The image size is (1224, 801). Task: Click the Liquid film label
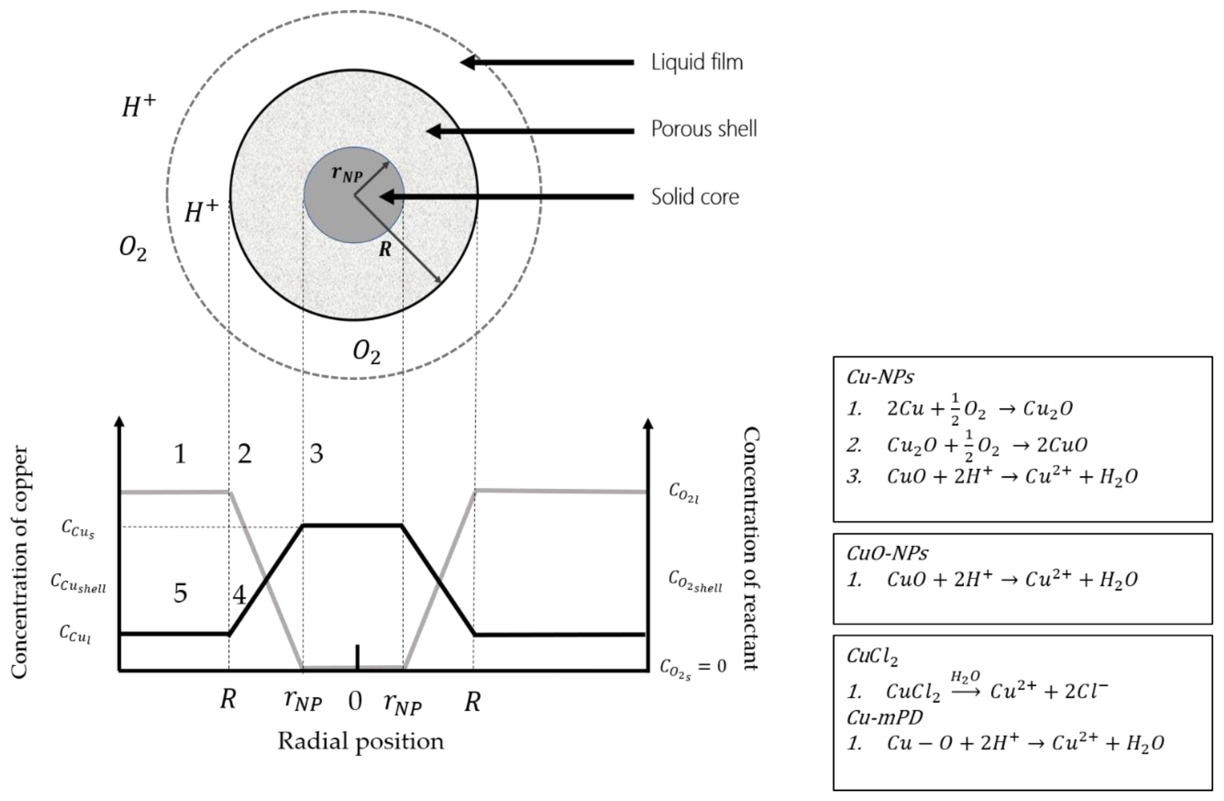tap(697, 63)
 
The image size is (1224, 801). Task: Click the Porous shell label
tap(704, 129)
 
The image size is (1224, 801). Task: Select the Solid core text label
tap(695, 197)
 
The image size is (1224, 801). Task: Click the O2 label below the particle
tap(366, 353)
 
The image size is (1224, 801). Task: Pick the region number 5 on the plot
tap(180, 593)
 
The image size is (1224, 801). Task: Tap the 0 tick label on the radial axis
tap(355, 701)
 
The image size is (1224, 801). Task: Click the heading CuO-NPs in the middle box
tap(887, 553)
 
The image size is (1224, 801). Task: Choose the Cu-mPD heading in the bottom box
tap(885, 717)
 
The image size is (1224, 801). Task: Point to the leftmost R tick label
tap(228, 699)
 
